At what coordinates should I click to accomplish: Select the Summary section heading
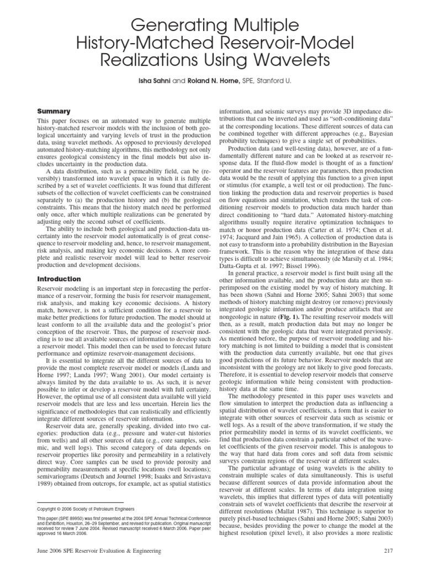(x=54, y=111)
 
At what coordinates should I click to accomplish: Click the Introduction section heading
(x=59, y=279)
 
